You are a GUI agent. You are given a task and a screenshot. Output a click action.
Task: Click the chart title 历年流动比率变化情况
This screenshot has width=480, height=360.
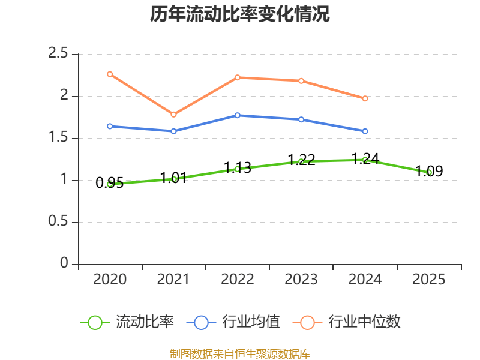(x=240, y=14)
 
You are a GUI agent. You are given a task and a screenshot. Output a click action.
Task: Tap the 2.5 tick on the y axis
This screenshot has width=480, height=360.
(x=58, y=54)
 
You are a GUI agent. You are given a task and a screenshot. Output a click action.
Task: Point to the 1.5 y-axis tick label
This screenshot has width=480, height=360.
(x=58, y=138)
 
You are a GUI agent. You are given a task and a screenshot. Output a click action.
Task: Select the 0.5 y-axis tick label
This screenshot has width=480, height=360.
(x=58, y=222)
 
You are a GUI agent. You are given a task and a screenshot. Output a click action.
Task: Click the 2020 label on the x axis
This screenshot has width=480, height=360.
(x=110, y=279)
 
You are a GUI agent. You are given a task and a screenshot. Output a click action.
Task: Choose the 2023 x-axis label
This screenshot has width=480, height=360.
(x=301, y=279)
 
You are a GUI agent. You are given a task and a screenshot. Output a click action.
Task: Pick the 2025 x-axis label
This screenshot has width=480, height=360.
(x=429, y=279)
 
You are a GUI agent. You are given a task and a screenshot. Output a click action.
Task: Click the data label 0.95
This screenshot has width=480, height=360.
(x=110, y=184)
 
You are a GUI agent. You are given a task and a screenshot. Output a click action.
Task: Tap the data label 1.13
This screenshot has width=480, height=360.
(x=238, y=167)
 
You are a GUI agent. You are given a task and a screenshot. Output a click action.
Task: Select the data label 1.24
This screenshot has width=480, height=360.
(x=365, y=158)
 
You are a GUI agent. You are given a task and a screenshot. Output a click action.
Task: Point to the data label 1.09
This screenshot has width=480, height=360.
(x=429, y=172)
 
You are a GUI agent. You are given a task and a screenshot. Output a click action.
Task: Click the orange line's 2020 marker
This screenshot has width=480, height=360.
(x=110, y=74)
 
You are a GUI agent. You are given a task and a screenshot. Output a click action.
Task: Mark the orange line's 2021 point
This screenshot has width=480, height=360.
(x=173, y=115)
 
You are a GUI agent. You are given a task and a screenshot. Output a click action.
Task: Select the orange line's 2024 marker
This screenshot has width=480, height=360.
(x=365, y=98)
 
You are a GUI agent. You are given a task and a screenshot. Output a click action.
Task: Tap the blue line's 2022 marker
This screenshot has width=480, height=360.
(x=238, y=115)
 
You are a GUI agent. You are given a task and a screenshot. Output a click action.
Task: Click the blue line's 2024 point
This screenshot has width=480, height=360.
(x=365, y=131)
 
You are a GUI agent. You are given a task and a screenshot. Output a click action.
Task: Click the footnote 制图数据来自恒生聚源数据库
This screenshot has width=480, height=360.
(x=240, y=353)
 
